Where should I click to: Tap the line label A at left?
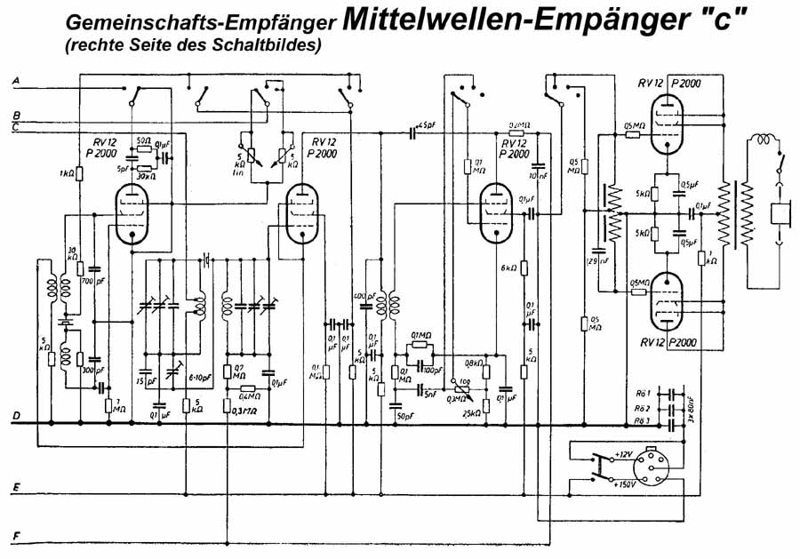point(15,81)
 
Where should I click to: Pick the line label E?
point(15,488)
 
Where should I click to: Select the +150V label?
point(626,485)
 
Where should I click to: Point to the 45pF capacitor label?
point(428,124)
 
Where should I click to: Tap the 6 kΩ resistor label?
point(508,268)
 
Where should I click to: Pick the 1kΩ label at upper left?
point(67,172)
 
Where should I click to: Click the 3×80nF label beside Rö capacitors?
point(692,406)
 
